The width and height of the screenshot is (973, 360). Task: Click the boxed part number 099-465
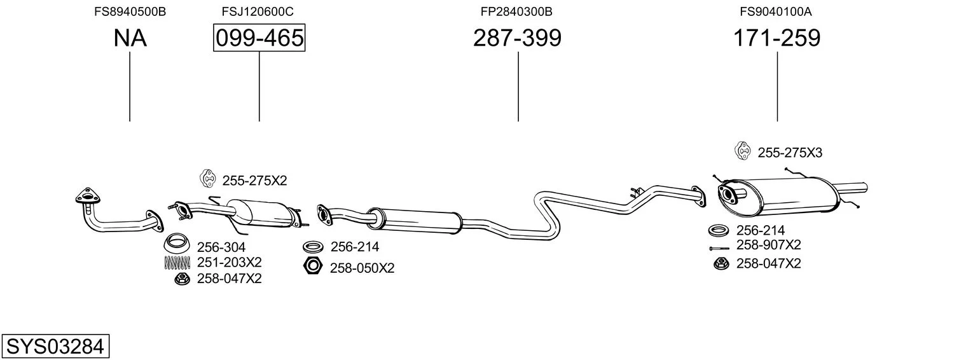coord(259,38)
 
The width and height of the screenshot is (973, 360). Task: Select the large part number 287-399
coord(517,38)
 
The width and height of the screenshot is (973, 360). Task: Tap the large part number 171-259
coord(776,38)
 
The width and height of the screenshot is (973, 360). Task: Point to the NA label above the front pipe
coord(130,38)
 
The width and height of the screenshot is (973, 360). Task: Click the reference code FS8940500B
coord(130,11)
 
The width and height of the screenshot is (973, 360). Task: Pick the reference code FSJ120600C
coord(258,11)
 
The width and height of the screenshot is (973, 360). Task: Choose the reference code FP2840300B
coord(516,11)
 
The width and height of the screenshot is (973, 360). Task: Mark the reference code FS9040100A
coord(776,11)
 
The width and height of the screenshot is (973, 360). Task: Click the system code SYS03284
coord(55,347)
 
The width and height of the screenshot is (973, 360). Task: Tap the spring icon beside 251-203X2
coord(177,263)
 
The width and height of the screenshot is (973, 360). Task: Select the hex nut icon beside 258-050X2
coord(313,265)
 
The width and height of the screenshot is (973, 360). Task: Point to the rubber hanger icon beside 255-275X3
coord(742,151)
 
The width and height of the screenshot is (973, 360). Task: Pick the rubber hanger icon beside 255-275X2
coord(207,179)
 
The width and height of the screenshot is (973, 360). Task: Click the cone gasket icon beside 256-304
coord(176,243)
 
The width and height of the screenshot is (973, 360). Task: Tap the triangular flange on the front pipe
coord(87,198)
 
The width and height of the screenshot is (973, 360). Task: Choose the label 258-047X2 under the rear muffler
coord(768,263)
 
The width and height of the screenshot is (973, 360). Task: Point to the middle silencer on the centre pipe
coord(415,220)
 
